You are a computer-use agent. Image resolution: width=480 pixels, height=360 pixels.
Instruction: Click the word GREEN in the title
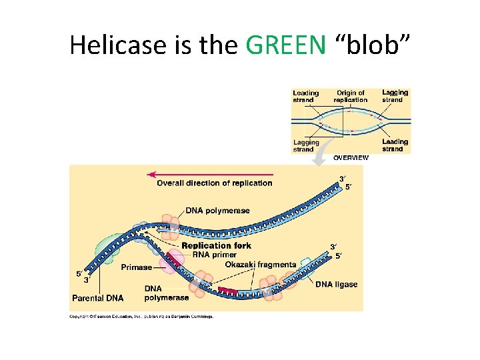(x=285, y=45)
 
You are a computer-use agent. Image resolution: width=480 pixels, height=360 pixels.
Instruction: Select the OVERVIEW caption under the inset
(x=351, y=158)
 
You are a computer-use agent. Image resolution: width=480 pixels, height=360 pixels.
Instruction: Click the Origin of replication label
(x=351, y=96)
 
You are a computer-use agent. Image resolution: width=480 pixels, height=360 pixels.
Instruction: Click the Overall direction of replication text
(x=214, y=183)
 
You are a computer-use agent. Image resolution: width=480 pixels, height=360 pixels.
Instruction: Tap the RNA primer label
(x=214, y=254)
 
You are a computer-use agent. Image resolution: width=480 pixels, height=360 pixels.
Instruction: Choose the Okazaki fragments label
(x=260, y=265)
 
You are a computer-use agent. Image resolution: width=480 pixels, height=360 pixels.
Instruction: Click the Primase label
(x=136, y=267)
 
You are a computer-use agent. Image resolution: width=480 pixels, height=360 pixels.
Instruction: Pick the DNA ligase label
(x=336, y=285)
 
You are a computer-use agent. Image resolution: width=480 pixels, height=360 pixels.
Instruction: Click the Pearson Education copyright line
(x=141, y=317)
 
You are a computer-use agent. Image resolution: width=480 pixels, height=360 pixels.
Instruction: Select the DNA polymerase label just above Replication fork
(x=217, y=211)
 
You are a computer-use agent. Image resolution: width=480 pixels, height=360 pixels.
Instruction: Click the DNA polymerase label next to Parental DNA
(x=166, y=293)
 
